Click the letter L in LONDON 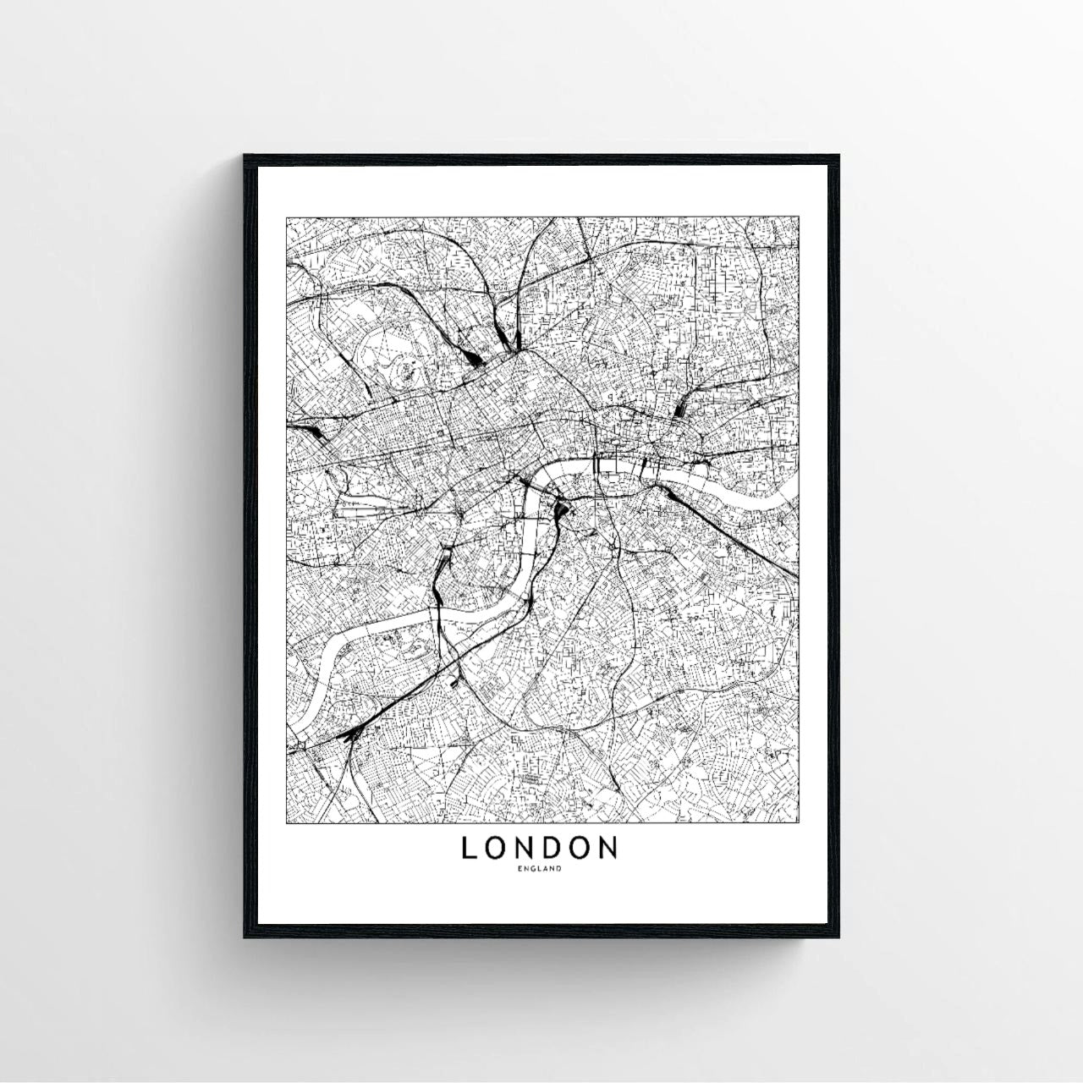pos(469,848)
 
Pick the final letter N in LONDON pos(608,848)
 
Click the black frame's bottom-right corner pos(838,937)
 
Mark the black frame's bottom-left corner pos(245,937)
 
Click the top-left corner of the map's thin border pos(287,217)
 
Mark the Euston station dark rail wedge pos(476,359)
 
